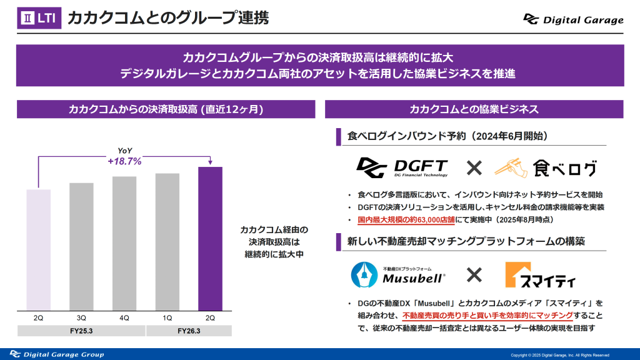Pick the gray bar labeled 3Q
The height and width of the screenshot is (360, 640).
[x=81, y=246]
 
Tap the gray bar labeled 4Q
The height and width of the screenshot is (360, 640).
[x=124, y=243]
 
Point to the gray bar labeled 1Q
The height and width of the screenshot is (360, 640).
[x=167, y=241]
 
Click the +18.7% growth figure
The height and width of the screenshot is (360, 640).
[x=125, y=161]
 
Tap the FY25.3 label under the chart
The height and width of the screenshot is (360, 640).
[x=81, y=331]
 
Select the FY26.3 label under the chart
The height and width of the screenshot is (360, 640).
[x=189, y=331]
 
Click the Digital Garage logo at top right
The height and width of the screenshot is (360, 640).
[x=574, y=19]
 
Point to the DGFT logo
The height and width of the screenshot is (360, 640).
[x=402, y=167]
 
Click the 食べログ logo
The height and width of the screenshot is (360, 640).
[x=545, y=167]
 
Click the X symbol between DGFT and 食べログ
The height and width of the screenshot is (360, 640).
[x=474, y=167]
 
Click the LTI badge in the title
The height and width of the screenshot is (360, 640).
[x=40, y=18]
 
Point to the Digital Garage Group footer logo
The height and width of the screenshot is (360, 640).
[x=56, y=354]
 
